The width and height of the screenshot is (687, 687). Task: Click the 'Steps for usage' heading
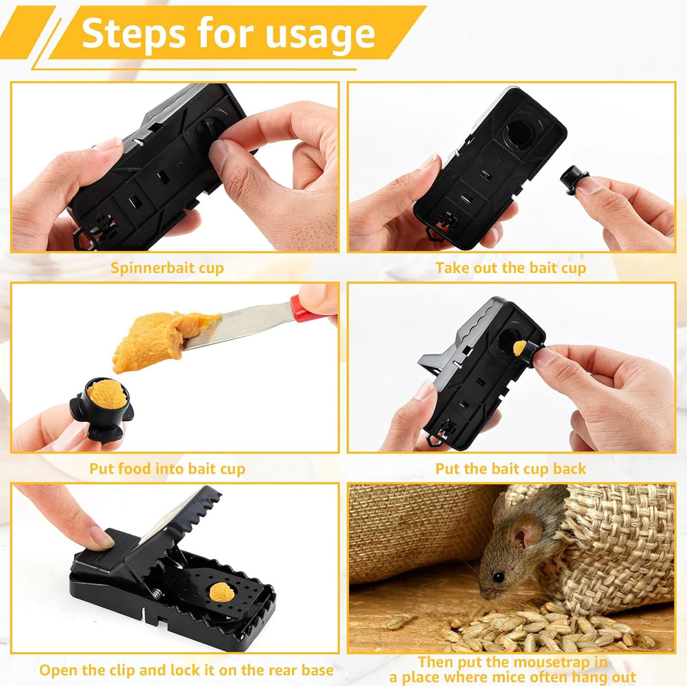(x=228, y=33)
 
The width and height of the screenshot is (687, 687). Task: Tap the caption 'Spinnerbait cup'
(x=167, y=268)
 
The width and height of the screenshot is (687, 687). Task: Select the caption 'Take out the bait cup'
(x=510, y=268)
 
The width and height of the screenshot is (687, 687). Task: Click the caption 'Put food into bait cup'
(x=167, y=469)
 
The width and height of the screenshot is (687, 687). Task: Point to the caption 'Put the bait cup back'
(x=510, y=469)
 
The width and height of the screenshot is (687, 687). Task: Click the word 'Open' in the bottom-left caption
(x=60, y=670)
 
